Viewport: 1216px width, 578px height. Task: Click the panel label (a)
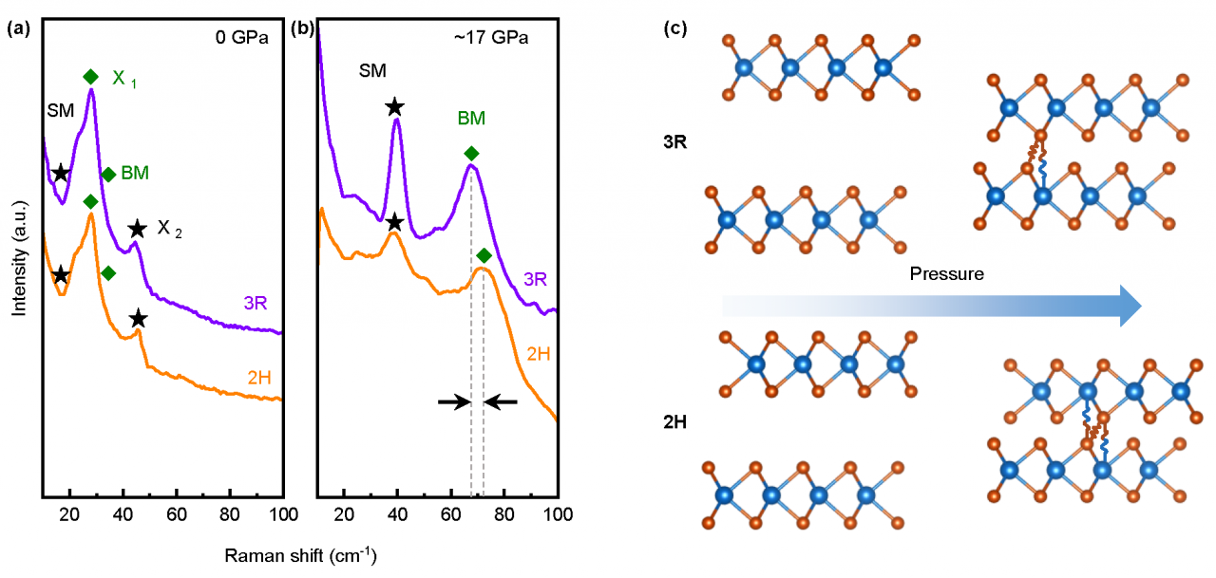click(16, 29)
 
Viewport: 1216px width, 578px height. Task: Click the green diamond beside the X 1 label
click(90, 77)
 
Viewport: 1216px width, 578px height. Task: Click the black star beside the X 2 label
click(138, 229)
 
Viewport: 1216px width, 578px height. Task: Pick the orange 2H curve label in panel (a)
click(257, 378)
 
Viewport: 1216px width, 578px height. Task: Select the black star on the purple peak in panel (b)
click(394, 107)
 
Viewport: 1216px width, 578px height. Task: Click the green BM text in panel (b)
click(471, 119)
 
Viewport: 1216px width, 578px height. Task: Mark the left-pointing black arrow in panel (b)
click(501, 402)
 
